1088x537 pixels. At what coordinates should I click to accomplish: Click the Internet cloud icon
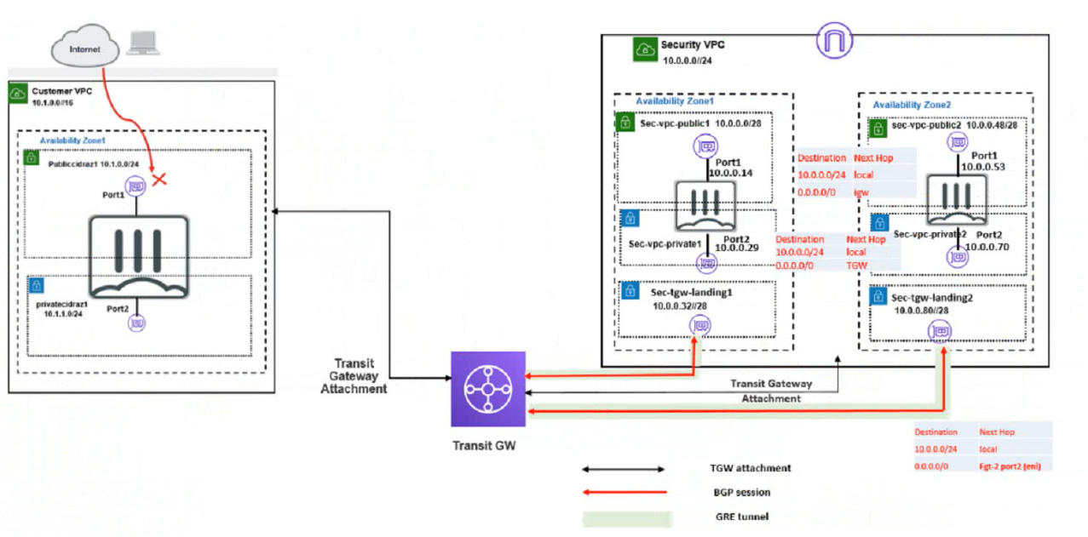83,49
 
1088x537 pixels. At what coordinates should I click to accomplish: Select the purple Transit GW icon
488,389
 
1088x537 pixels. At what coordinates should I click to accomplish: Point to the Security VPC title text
693,45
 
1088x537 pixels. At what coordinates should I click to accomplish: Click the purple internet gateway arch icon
835,40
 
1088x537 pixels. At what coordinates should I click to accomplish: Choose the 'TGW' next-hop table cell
857,266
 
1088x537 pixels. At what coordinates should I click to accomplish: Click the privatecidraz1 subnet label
62,303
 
